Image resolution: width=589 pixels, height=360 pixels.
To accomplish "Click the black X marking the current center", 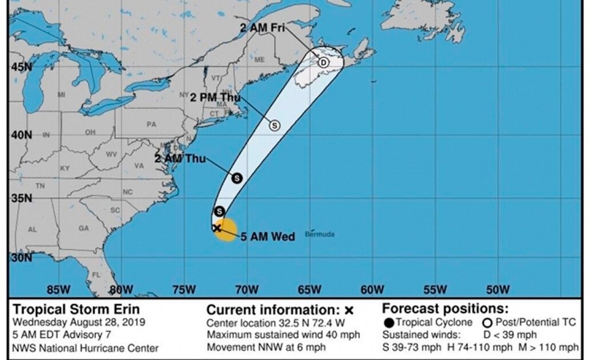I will (217, 228).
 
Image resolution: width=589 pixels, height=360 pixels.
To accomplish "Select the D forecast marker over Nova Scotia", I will (323, 62).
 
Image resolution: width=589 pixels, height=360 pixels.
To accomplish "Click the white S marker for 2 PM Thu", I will (274, 125).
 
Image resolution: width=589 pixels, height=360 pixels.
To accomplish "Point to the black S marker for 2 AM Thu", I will (237, 178).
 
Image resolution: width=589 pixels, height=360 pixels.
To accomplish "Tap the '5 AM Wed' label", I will (267, 237).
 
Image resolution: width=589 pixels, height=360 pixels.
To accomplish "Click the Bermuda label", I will (320, 234).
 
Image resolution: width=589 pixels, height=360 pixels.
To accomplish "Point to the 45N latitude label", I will (19, 68).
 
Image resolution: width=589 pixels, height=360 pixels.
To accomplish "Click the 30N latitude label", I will (19, 258).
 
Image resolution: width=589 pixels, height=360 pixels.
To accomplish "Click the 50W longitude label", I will (496, 289).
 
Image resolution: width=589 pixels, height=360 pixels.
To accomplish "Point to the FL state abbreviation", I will (96, 275).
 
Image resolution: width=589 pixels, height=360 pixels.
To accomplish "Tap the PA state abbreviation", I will (151, 124).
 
